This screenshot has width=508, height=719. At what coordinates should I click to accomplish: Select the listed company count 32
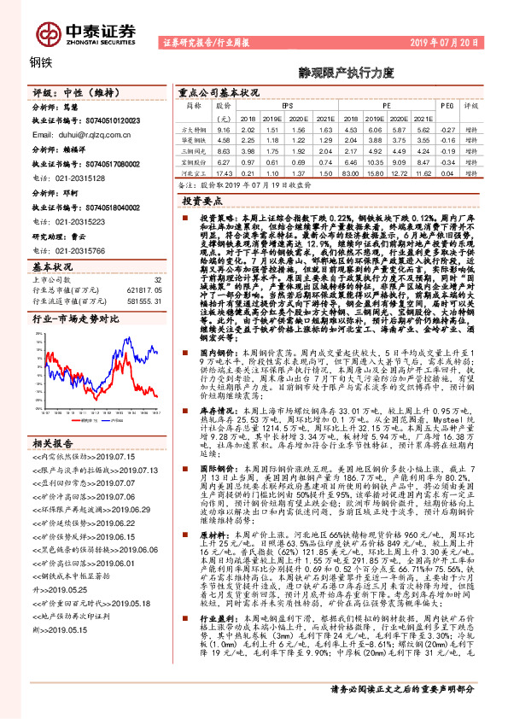tap(157, 279)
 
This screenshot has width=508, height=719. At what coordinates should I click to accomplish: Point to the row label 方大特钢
tap(195, 128)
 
